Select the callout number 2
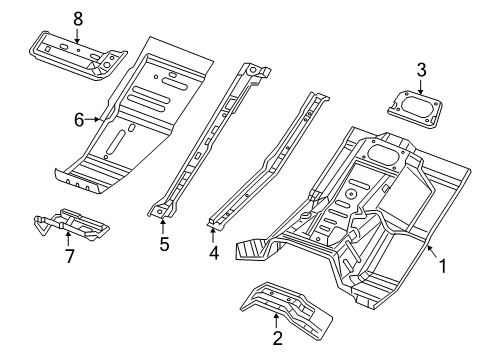click(x=277, y=340)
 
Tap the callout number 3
click(x=422, y=69)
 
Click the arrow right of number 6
click(x=97, y=119)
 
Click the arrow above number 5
click(x=163, y=222)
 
